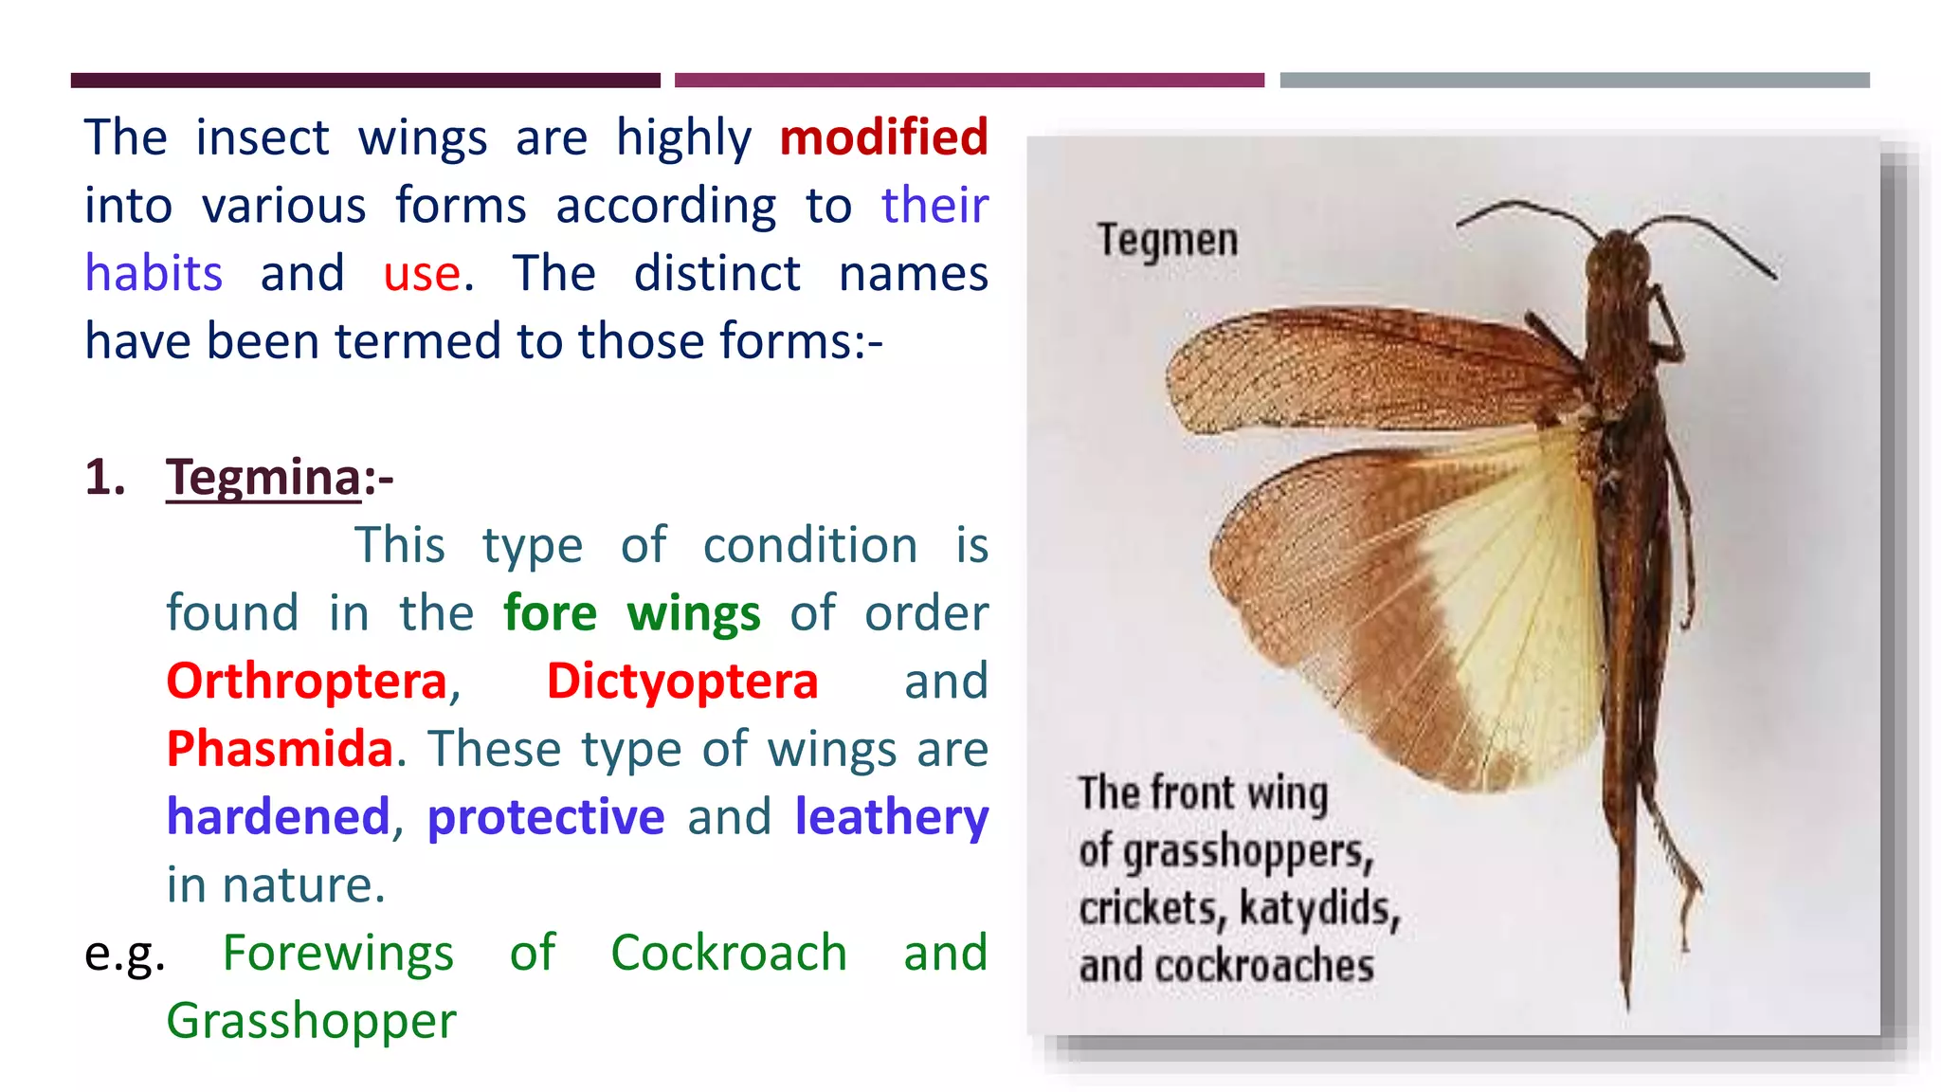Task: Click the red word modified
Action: pos(883,137)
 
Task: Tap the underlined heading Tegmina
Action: pos(263,477)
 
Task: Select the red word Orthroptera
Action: pos(306,682)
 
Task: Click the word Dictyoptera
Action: pos(681,682)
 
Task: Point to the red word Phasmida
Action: pos(280,749)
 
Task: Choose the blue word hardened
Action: pos(278,817)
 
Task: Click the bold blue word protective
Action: pos(546,817)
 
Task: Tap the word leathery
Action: pos(891,817)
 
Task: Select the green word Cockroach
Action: pos(728,953)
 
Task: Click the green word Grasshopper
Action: pos(311,1021)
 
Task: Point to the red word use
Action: pos(422,274)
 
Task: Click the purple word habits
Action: pos(154,274)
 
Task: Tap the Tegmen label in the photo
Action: pos(1168,240)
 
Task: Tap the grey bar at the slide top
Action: pos(1574,81)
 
